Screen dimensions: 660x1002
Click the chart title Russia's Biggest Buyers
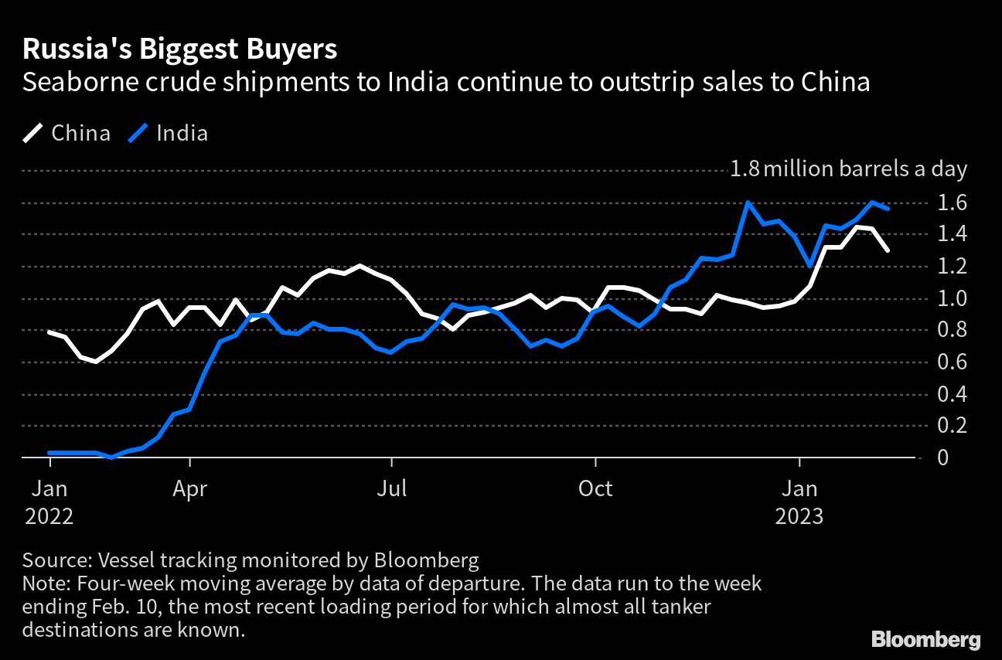(179, 49)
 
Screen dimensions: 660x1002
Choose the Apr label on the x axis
(189, 488)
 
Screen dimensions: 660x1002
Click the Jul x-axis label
(392, 488)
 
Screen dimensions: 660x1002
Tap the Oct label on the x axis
(595, 488)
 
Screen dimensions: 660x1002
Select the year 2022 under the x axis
(49, 516)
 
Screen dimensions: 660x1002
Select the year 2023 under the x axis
(799, 516)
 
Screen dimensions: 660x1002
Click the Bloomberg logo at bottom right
(925, 639)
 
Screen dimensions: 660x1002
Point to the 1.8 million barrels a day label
(848, 169)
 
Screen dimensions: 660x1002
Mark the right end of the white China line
(888, 250)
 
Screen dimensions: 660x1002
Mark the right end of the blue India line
(888, 209)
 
